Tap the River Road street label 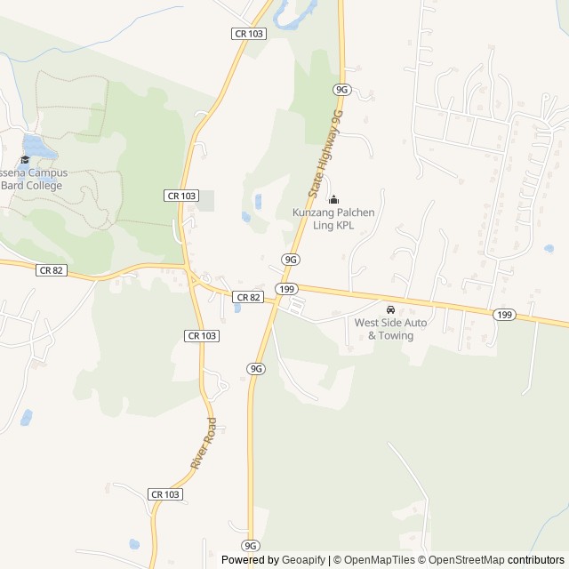[204, 444]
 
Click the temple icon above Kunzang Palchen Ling [333, 199]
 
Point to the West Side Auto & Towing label [390, 329]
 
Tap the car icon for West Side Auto [389, 309]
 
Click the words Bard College [33, 185]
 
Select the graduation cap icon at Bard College [25, 160]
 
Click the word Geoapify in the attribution [304, 560]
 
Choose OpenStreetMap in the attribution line [462, 560]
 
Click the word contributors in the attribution [536, 560]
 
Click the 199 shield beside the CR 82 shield [285, 289]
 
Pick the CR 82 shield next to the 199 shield [248, 296]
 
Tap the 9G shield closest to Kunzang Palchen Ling [290, 259]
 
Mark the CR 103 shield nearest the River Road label [165, 494]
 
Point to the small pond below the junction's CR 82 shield [236, 309]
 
